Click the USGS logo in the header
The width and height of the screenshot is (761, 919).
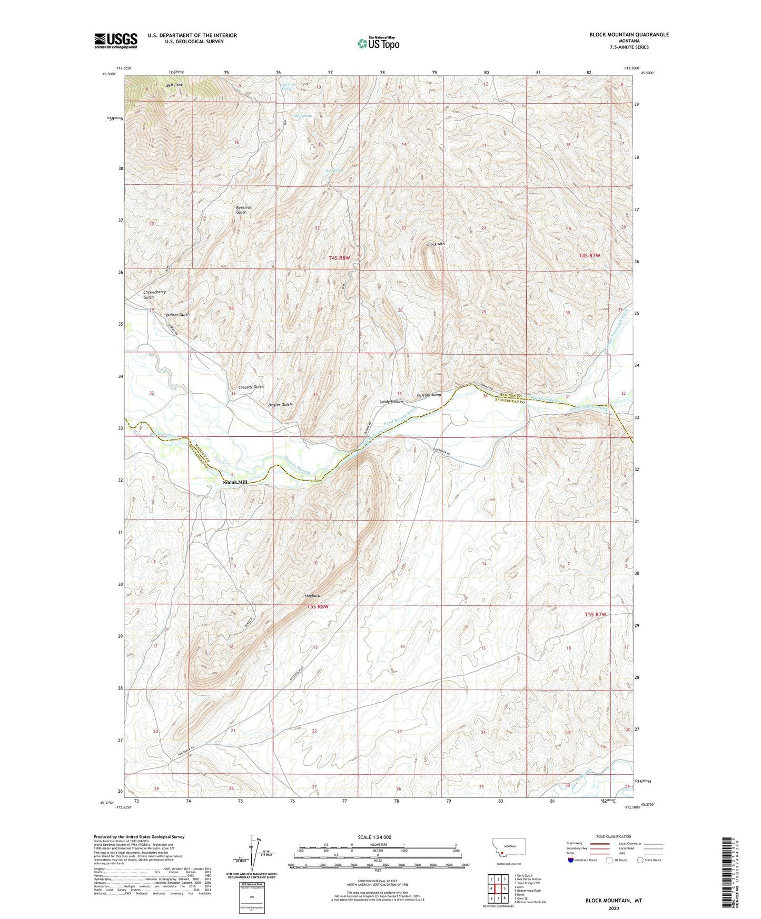click(x=116, y=41)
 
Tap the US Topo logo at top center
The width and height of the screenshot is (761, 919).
click(x=378, y=43)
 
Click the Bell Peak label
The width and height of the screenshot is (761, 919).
click(x=174, y=85)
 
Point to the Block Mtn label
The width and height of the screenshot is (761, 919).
click(x=436, y=244)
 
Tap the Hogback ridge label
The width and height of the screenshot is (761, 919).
click(x=312, y=595)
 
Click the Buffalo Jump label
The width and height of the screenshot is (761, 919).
click(x=428, y=395)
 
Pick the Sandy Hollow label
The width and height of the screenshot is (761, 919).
click(x=391, y=402)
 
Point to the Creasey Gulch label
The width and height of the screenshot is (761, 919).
click(x=251, y=387)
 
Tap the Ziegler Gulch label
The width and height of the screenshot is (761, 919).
click(x=280, y=405)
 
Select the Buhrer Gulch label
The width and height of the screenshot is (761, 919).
click(x=177, y=315)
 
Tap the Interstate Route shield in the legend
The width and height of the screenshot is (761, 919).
click(x=571, y=860)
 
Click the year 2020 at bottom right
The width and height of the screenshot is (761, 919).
click(x=614, y=908)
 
